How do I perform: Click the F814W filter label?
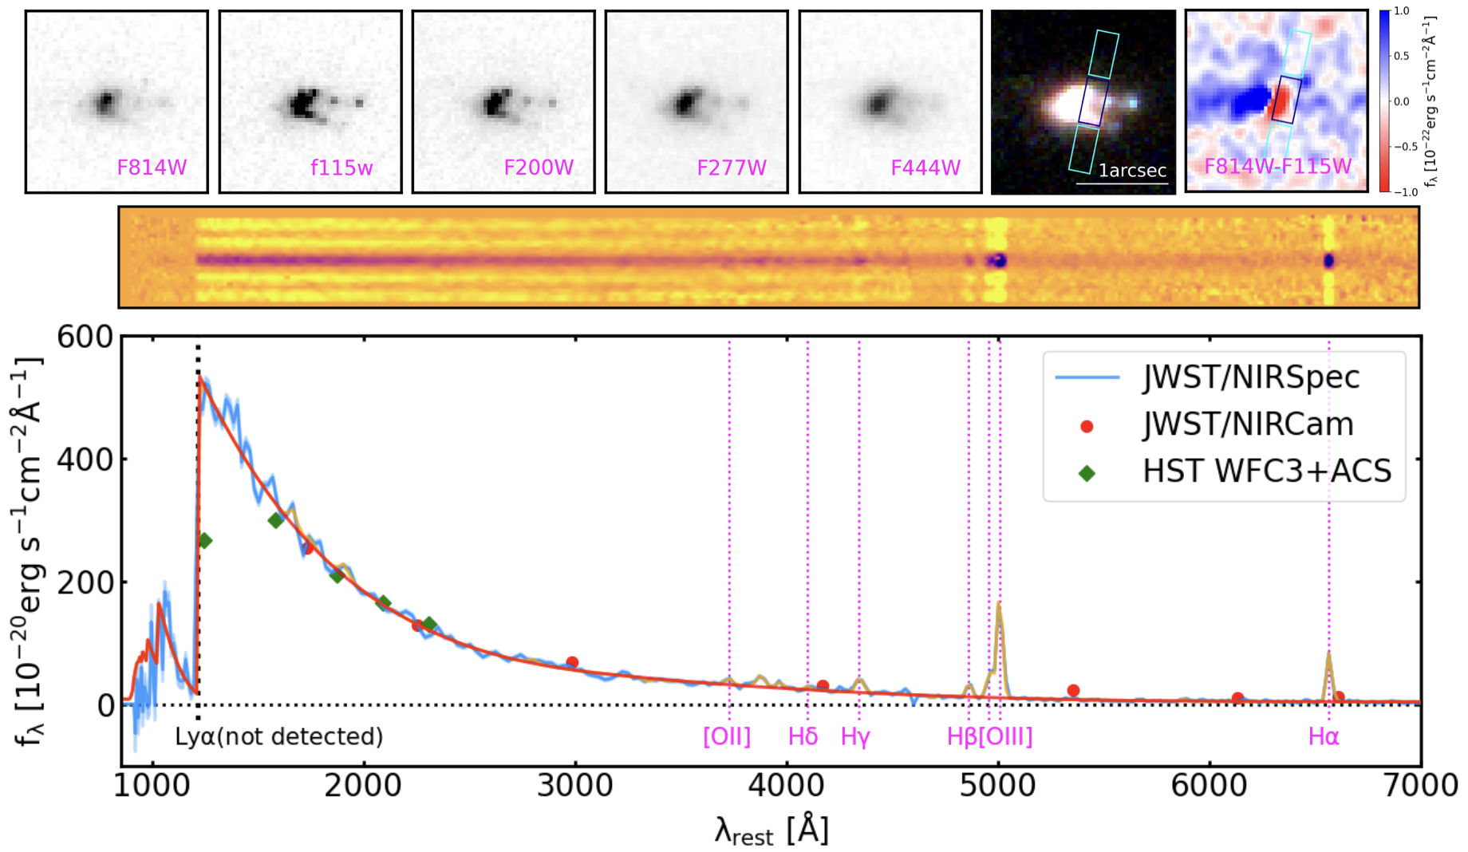152,168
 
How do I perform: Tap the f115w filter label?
341,168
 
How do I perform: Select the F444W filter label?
925,168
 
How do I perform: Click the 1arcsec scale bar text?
1131,171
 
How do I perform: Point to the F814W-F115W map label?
1277,166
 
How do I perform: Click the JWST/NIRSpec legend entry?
1250,377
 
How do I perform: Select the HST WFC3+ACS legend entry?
1266,471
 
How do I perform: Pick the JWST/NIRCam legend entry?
1247,424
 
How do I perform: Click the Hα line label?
1323,736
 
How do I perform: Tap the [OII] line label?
726,736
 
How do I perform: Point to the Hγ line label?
854,736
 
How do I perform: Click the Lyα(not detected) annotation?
279,736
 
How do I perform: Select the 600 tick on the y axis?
85,337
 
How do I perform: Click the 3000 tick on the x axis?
574,786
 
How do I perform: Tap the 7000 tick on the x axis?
1420,786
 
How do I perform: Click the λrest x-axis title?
771,831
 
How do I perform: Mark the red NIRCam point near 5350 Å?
1073,691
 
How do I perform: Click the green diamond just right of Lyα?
204,541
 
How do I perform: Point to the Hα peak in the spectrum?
1328,654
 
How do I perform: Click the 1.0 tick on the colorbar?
1401,11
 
